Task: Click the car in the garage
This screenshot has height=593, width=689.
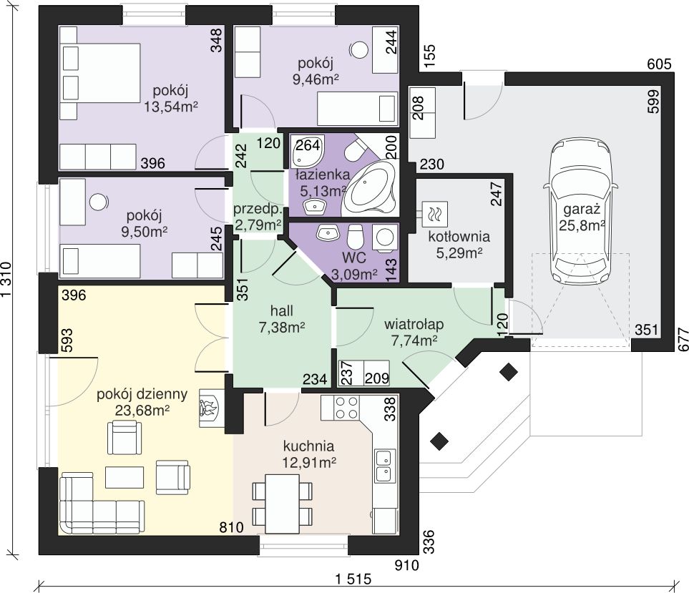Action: coord(580,212)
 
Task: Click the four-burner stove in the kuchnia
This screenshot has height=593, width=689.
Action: coord(346,407)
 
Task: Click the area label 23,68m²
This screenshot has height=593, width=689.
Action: coord(142,411)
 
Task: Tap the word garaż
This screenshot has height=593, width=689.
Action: coord(582,209)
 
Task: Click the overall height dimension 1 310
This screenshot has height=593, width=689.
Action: coord(6,280)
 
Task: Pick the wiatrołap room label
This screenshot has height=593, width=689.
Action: coord(414,325)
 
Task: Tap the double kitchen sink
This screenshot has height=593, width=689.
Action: coord(383,465)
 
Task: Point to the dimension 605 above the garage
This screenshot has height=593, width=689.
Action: coord(659,64)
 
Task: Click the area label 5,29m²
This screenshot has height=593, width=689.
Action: coord(459,253)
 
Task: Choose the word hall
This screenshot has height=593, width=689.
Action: coord(282,311)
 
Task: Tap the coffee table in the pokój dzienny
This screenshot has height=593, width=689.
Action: coord(124,477)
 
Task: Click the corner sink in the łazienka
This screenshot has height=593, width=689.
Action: coord(307,150)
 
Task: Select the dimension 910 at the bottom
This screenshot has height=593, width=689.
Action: coord(406,565)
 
